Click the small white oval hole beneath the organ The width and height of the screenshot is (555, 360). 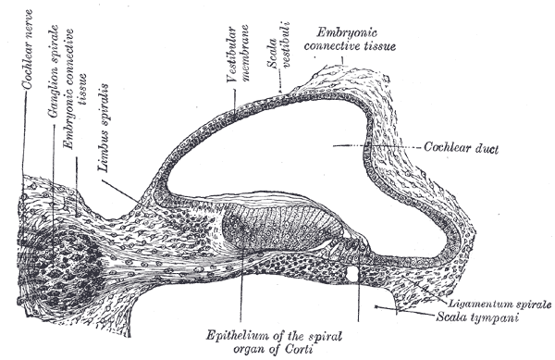[x=353, y=275]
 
